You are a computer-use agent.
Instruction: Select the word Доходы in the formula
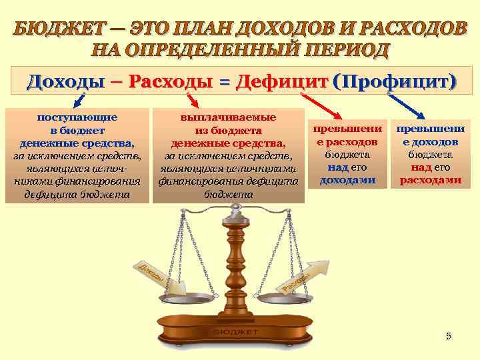click(65, 82)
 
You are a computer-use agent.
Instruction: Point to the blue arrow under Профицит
click(406, 107)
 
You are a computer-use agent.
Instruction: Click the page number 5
click(449, 336)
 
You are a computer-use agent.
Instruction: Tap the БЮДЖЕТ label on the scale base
click(237, 331)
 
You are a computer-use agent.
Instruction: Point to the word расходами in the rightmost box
click(430, 180)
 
